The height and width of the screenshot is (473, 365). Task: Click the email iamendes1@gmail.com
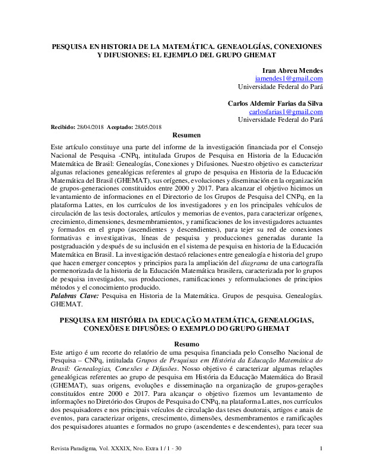coord(289,78)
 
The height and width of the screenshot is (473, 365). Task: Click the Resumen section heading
coord(182,136)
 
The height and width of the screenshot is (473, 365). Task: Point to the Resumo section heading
coord(182,344)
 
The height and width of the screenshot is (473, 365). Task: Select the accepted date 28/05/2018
coord(147,127)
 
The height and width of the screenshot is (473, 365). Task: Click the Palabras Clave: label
coord(75,296)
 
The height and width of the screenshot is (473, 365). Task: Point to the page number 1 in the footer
coord(321,466)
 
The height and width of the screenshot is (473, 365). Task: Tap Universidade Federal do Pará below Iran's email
coord(280,87)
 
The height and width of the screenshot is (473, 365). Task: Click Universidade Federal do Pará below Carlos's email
coord(280,119)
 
